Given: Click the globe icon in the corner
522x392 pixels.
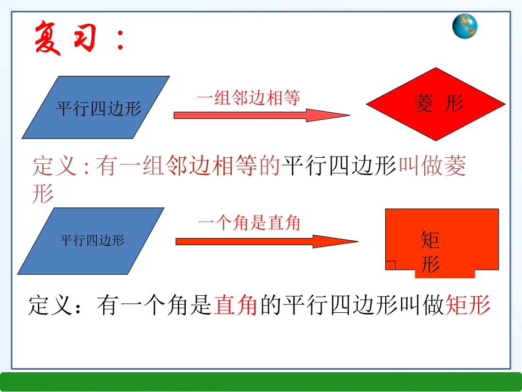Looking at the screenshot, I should tap(465, 26).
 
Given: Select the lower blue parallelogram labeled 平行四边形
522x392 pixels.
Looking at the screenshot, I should tap(91, 240).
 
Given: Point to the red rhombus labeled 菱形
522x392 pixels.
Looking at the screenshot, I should tap(436, 103).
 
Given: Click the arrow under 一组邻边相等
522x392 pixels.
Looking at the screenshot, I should tap(262, 115).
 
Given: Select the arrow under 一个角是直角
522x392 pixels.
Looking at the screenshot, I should tap(266, 241).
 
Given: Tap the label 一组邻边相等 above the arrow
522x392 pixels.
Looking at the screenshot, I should tap(249, 98).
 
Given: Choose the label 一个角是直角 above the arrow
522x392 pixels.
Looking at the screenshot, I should tap(249, 223).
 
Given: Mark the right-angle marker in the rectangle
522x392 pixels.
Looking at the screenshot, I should tap(391, 266).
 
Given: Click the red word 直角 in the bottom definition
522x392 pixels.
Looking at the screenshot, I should tap(236, 305).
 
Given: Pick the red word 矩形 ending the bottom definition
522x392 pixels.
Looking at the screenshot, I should tap(469, 305).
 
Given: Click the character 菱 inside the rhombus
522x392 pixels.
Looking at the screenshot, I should tap(424, 103).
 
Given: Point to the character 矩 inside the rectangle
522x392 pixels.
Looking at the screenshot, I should tap(430, 240).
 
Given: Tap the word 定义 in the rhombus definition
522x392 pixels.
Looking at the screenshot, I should tap(55, 166).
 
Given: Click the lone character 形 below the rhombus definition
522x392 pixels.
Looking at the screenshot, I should tap(43, 193).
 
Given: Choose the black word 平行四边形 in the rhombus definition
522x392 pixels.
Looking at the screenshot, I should tap(339, 166).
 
